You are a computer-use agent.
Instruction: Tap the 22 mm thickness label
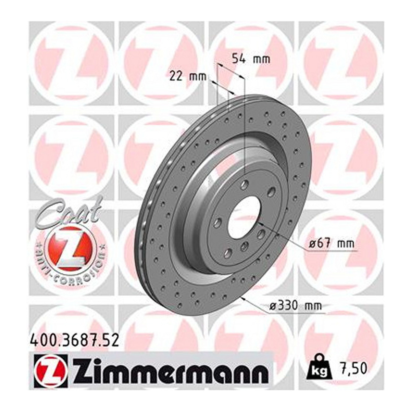click(188, 77)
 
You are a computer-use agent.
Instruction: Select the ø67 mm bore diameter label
click(331, 244)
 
